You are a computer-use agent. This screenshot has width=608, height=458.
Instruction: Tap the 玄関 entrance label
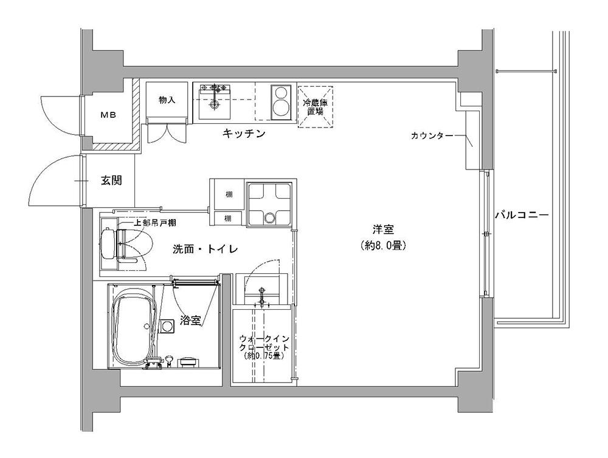coord(111,180)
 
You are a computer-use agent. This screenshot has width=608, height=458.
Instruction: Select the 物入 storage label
coord(167,100)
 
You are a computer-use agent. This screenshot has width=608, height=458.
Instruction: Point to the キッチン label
coord(243,134)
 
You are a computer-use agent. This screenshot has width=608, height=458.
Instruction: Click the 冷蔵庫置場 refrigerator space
coord(315,106)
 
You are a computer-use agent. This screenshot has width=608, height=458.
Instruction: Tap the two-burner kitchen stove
coord(281,101)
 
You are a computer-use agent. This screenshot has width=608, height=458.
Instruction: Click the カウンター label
coord(432,136)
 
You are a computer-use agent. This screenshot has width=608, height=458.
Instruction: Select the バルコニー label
coord(521,215)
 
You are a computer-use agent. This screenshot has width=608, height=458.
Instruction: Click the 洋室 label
coord(384,230)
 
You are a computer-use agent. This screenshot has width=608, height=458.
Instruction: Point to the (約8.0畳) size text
coord(384,246)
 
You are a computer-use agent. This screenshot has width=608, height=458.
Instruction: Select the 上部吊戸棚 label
coord(155,223)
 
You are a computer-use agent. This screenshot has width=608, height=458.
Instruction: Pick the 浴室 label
coord(190,321)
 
